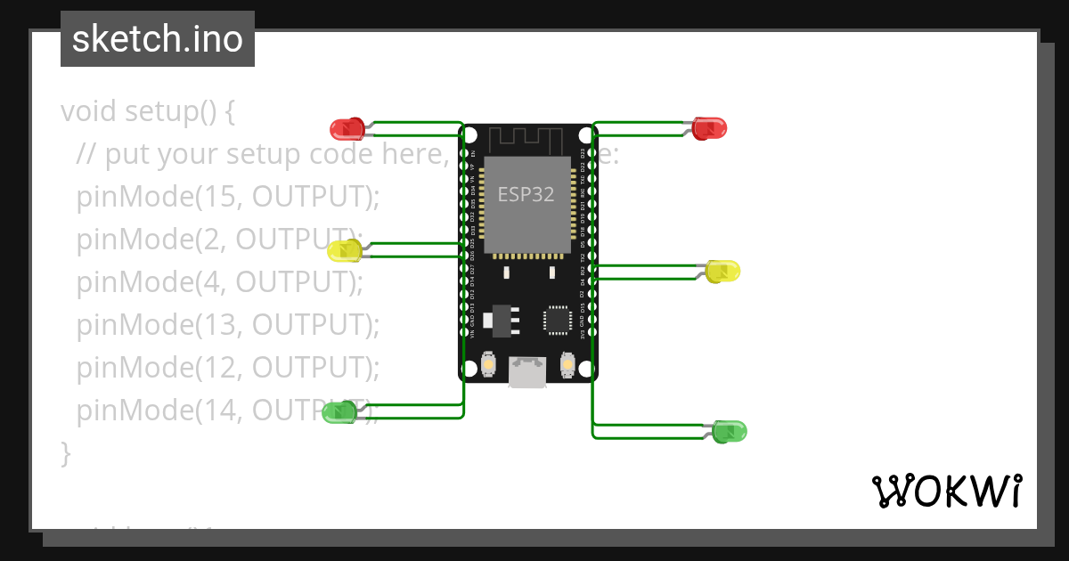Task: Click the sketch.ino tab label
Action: click(x=157, y=39)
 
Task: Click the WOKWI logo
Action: click(x=946, y=492)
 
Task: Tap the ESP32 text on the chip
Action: click(x=526, y=194)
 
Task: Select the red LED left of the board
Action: click(x=347, y=129)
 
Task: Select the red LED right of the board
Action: click(x=710, y=127)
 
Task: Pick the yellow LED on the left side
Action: click(x=344, y=251)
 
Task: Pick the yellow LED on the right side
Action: click(x=723, y=271)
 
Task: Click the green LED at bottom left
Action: click(x=339, y=411)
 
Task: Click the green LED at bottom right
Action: click(x=730, y=432)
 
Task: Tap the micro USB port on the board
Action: click(x=527, y=372)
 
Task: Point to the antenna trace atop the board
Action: click(x=527, y=139)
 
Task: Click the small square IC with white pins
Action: click(x=558, y=320)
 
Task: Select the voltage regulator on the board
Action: click(x=500, y=321)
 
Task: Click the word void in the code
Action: click(x=89, y=111)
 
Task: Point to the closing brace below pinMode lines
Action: click(x=65, y=452)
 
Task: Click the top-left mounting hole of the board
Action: click(x=469, y=135)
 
